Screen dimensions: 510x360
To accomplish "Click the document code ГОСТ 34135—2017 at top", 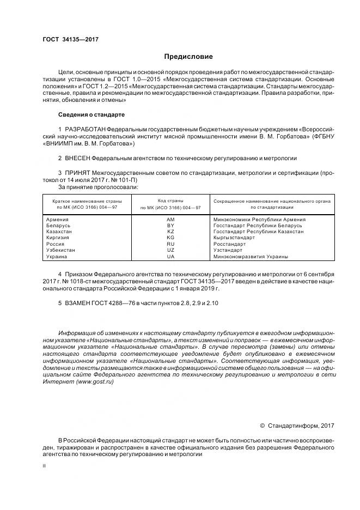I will point(70,40).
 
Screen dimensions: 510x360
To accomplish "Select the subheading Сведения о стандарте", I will point(91,115).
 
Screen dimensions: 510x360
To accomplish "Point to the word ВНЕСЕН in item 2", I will point(76,158).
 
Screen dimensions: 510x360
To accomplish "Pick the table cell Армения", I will point(58,219).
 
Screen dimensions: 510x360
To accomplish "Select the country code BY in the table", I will point(170,225).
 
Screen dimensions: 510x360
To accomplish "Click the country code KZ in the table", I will point(170,232).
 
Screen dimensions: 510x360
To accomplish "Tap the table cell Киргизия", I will point(59,238).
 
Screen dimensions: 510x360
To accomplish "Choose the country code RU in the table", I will point(170,244).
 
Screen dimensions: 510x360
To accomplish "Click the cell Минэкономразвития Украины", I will point(251,256).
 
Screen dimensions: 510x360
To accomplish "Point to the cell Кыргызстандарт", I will point(234,238).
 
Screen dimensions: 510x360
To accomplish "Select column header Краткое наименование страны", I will point(87,201).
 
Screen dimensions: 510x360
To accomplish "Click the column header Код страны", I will point(170,201).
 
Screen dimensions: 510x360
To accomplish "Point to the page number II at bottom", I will point(44,466).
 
